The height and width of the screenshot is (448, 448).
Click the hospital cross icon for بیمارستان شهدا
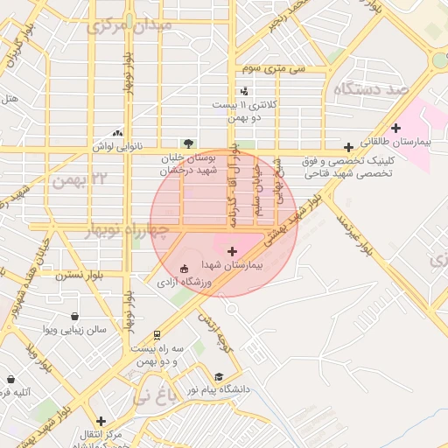[x=231, y=252]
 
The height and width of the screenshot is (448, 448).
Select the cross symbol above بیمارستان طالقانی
[x=396, y=128]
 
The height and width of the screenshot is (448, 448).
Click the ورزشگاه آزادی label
[x=184, y=283]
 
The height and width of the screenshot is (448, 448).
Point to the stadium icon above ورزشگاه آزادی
[x=184, y=269]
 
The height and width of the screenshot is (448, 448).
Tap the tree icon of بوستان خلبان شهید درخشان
[x=188, y=143]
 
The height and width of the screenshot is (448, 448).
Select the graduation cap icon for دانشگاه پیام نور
[x=219, y=375]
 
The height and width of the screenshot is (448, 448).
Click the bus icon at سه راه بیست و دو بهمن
[x=157, y=333]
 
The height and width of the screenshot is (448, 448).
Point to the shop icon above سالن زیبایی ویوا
[x=76, y=316]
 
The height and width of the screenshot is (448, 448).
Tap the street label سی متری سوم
[x=265, y=67]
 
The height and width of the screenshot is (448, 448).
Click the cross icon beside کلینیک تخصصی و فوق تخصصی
[x=349, y=147]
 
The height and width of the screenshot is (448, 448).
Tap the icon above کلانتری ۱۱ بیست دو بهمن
[x=244, y=90]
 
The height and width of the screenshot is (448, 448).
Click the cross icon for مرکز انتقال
[x=101, y=420]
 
